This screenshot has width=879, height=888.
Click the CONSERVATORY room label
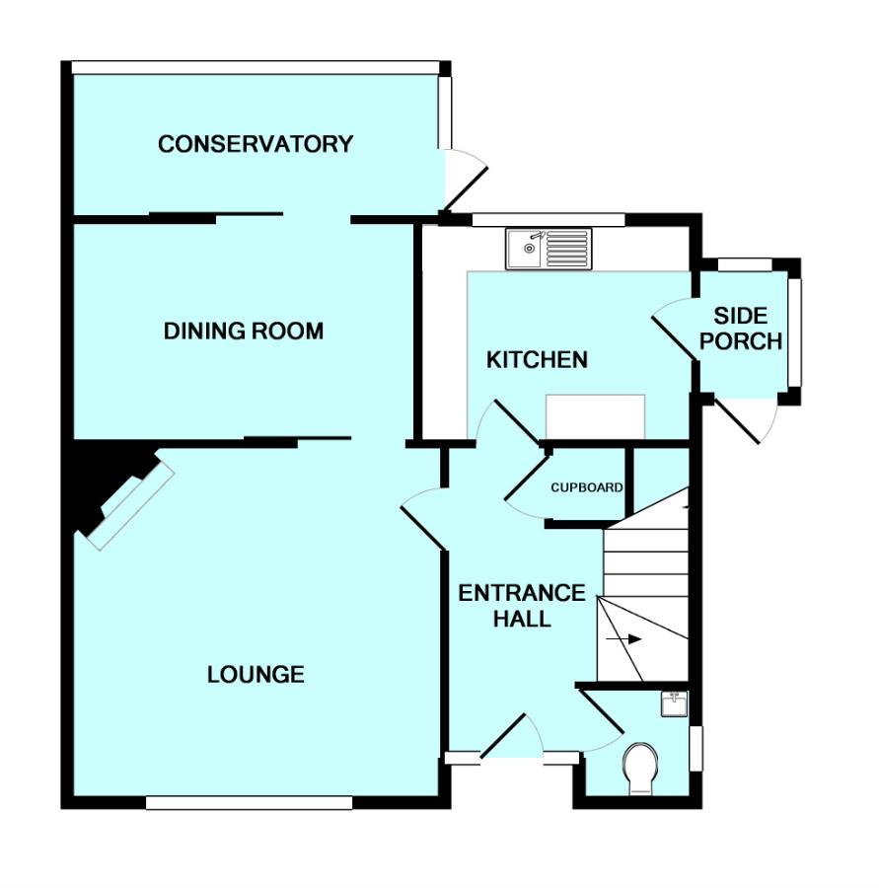255,144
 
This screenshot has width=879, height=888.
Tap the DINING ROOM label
243,331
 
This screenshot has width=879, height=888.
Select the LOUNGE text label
256,675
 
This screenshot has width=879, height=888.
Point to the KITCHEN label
537,359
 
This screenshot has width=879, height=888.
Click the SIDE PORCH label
747,329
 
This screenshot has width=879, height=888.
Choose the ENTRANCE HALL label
522,606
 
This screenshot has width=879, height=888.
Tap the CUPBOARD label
586,487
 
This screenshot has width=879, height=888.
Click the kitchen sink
548,249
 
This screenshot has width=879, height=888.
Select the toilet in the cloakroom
641,767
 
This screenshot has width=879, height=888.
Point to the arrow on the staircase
626,639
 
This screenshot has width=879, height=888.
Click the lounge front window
249,803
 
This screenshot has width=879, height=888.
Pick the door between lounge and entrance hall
423,519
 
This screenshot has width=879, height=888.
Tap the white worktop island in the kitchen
596,415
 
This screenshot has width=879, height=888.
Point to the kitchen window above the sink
548,219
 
